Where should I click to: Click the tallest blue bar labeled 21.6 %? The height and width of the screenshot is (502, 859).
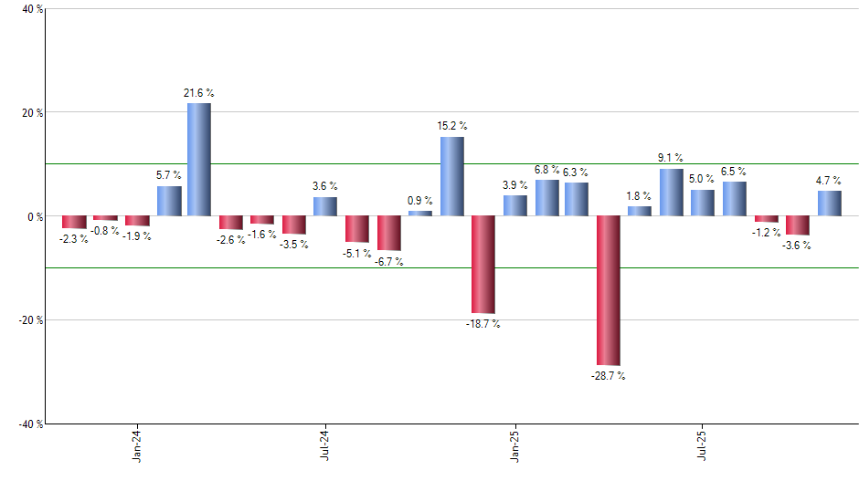point(199,160)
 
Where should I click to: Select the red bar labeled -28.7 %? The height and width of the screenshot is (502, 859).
point(609,290)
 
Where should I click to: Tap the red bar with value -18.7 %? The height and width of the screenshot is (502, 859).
point(483,265)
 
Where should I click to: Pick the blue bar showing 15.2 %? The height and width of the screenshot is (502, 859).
point(451,176)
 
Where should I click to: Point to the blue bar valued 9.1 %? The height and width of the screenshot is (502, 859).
point(671,193)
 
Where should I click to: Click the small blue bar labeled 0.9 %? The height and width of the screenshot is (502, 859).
point(420,214)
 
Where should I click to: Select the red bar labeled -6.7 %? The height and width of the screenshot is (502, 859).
point(389,233)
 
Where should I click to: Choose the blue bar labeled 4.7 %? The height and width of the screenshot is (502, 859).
point(829,204)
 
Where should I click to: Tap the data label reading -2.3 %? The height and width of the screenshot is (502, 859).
point(73,239)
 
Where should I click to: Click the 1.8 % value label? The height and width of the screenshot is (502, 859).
point(639,195)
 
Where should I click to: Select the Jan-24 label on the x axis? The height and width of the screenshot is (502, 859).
point(137,446)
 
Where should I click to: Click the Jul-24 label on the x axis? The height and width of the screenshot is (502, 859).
point(325,446)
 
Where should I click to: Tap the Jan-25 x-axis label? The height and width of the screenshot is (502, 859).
point(514,446)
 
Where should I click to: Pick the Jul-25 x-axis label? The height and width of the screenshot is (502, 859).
point(703,446)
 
